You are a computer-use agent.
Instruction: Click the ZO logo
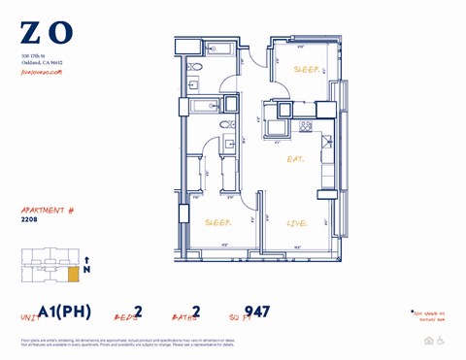tap(47, 34)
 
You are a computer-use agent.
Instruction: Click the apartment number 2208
tap(30, 219)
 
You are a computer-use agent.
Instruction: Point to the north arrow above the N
tap(86, 260)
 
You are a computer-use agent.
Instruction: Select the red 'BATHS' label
tap(184, 316)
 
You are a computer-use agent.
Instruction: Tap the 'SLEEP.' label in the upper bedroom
tap(307, 70)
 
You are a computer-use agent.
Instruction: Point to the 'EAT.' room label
tap(294, 159)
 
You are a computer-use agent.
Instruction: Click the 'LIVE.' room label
tap(297, 223)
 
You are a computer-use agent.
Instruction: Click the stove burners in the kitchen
tap(304, 125)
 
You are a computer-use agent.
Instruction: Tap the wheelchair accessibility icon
tap(442, 341)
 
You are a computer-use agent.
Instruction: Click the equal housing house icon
tap(429, 341)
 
